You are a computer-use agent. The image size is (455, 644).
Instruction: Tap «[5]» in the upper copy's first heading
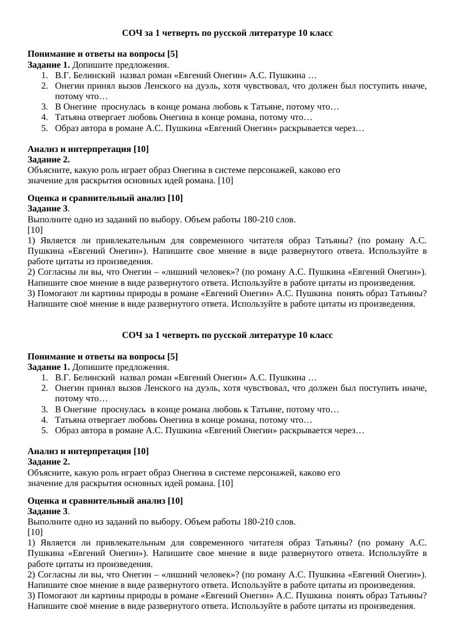172,54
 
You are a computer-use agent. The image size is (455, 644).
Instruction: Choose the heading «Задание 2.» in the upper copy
48,160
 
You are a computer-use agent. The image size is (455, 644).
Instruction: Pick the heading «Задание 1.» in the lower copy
49,367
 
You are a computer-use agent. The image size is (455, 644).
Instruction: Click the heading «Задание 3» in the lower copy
48,511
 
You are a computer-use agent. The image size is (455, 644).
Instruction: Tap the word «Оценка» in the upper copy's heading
42,198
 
